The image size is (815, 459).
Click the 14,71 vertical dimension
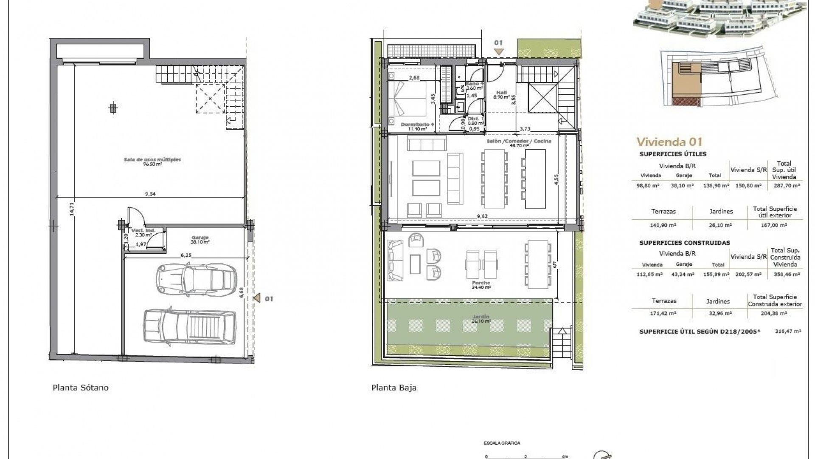72,208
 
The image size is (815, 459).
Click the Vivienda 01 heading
669,142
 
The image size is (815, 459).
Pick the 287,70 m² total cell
785,186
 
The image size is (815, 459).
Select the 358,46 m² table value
785,275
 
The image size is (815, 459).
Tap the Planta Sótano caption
80,388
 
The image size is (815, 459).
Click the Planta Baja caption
393,388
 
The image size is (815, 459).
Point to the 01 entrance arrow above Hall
498,51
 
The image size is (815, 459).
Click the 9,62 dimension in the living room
482,216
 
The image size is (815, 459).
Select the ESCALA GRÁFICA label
502,443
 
